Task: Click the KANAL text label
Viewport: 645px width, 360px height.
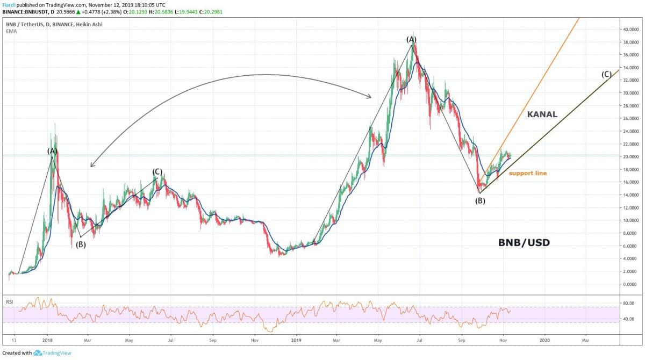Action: click(x=542, y=114)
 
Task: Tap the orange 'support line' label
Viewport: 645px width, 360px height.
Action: click(x=528, y=173)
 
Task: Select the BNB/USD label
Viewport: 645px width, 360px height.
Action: click(x=524, y=243)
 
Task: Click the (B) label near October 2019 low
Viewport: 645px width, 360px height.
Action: click(x=480, y=201)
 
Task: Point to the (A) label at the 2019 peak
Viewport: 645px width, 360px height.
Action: click(x=411, y=39)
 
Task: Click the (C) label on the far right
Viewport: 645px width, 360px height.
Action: click(x=606, y=74)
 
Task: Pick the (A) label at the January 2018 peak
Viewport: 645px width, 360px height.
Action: click(x=52, y=151)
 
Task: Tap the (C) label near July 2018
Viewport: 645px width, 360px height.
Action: click(x=157, y=171)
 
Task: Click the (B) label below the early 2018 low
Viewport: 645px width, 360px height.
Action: click(x=80, y=244)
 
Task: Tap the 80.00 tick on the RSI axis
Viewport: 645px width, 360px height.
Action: click(x=628, y=303)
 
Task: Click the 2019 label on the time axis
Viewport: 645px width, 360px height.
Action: click(x=296, y=340)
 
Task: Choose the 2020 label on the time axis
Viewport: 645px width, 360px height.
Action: click(x=544, y=340)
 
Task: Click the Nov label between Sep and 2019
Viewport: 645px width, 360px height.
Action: click(x=255, y=340)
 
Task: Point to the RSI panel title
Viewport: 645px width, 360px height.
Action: click(x=9, y=302)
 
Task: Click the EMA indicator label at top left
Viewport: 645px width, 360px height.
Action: click(x=10, y=31)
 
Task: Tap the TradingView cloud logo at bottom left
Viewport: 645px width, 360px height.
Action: click(x=38, y=353)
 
